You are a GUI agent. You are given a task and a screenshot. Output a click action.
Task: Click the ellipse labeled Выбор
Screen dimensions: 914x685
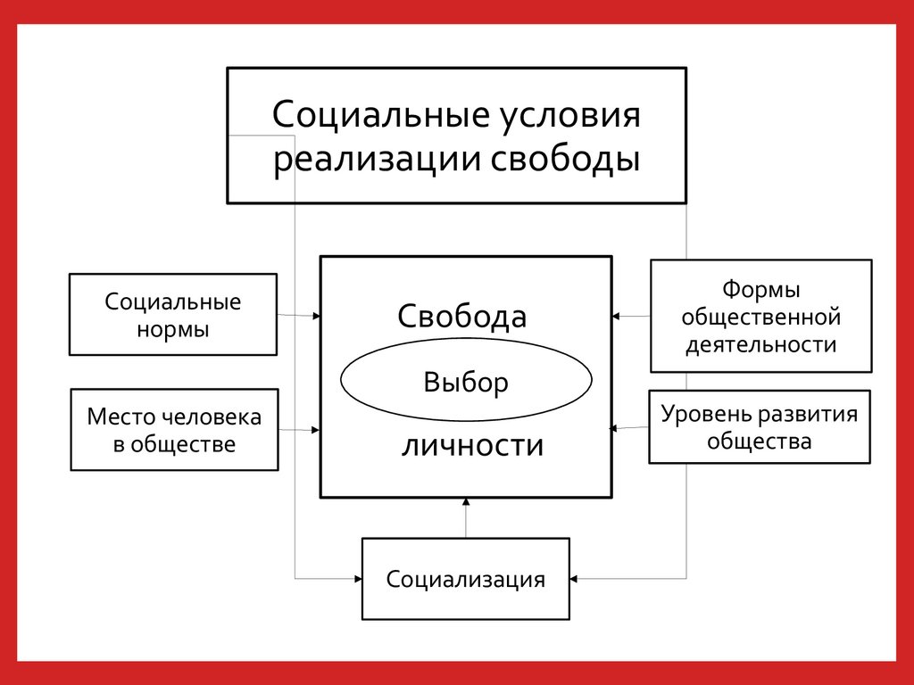coord(466,383)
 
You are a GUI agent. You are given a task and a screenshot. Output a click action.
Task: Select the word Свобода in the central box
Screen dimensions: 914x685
coord(461,317)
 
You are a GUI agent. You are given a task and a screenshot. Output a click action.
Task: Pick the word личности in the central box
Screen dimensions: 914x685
coord(472,444)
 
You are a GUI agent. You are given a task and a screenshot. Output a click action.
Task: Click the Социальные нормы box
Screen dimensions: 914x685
coord(173,315)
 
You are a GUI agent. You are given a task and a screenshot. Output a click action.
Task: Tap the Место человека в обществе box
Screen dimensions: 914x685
coord(174,430)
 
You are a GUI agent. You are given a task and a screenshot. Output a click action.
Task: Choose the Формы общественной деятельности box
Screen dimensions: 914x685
coord(760,316)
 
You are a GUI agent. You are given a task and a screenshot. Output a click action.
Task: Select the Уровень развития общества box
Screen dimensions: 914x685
coord(759,427)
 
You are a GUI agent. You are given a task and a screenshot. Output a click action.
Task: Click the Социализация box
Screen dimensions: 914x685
coord(465,579)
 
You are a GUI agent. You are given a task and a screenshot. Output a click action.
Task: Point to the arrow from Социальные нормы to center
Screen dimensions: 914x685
coord(299,315)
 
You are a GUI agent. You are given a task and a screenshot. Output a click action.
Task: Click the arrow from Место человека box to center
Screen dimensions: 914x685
coord(299,430)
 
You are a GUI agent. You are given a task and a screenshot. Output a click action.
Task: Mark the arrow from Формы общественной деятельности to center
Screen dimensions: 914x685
coord(631,316)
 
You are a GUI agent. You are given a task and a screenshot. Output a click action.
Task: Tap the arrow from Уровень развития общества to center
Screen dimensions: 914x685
coord(629,428)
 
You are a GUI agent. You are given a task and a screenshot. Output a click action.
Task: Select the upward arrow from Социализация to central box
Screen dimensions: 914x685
coord(466,518)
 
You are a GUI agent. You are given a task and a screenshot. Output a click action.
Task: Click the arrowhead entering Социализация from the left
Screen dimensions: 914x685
coord(356,579)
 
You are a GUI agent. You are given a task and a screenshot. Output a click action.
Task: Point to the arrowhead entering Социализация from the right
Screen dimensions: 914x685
coord(575,579)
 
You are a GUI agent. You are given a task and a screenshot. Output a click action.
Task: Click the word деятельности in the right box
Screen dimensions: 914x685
coord(760,345)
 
